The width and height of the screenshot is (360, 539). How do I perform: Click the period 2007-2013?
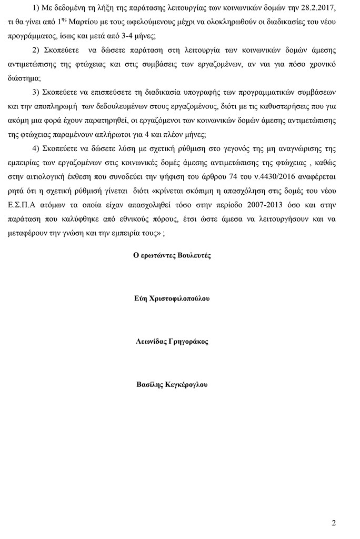(253, 203)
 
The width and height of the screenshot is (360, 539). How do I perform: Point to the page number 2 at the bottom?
(334, 523)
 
